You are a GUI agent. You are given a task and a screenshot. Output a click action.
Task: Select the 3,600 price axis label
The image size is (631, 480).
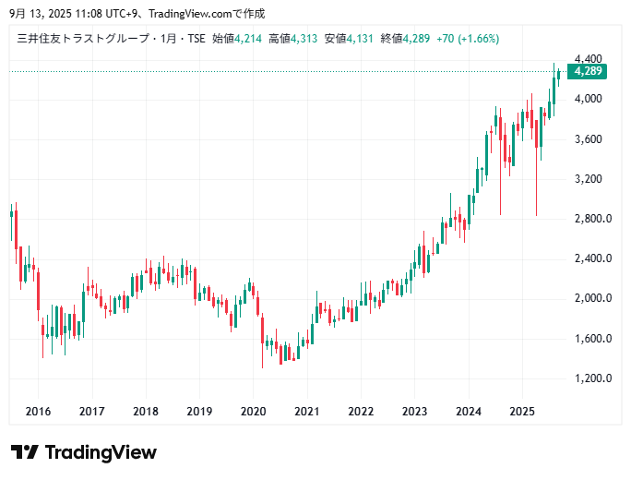coord(587,138)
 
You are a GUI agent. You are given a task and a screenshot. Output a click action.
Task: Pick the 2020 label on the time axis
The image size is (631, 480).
coord(253,412)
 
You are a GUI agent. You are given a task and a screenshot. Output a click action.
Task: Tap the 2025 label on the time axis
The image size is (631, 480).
coord(522,412)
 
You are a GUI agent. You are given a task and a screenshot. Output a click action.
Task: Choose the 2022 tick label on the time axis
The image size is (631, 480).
coord(361,412)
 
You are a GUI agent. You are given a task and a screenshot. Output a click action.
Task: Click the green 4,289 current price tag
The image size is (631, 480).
coord(588,71)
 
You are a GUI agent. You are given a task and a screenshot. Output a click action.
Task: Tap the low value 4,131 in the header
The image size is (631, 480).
coord(361,39)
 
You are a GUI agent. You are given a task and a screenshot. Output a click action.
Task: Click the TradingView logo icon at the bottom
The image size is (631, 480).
coord(25,452)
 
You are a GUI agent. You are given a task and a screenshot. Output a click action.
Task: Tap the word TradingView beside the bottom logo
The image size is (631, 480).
coord(101,452)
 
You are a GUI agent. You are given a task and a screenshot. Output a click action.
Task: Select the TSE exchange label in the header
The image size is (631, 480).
coord(196,39)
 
